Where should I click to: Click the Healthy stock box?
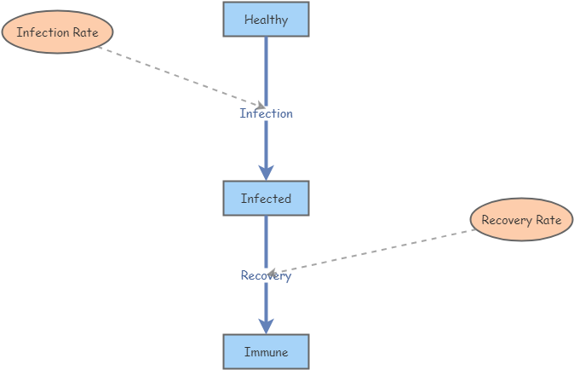coord(266,19)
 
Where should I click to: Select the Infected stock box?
coord(266,198)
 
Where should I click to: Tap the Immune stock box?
coord(266,351)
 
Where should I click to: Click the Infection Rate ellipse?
coord(58,32)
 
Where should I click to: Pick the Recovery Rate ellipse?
coord(521,220)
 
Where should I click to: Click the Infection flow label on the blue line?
coord(266,113)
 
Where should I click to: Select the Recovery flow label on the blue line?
coord(266,275)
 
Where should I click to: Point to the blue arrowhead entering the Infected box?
coord(266,172)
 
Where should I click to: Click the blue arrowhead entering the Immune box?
coord(266,326)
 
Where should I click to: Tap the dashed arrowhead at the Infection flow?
coord(259,106)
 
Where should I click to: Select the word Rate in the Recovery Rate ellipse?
coord(548,220)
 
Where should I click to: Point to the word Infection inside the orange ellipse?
coord(43,32)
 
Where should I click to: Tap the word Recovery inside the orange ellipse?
coord(507,220)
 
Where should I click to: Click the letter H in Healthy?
coord(248,19)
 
